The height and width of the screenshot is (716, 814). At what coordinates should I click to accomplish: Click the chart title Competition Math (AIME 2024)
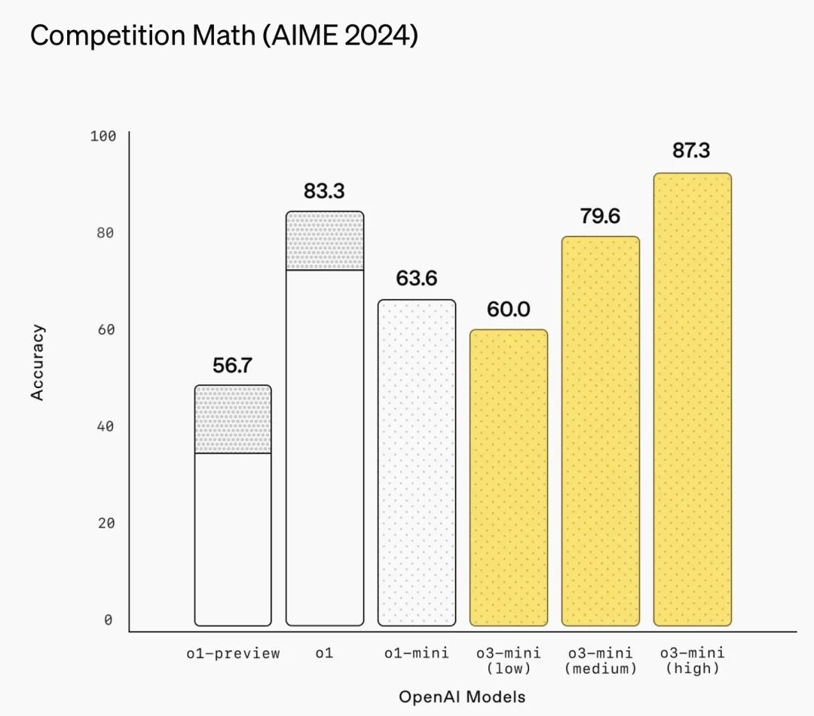223,36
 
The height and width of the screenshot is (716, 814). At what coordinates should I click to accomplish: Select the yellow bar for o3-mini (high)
692,399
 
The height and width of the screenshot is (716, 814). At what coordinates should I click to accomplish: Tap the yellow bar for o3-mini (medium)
600,431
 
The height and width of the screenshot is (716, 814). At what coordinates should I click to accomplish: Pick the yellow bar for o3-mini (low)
508,478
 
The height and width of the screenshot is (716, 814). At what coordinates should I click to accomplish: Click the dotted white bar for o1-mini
416,463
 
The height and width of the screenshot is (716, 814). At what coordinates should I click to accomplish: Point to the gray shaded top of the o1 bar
324,240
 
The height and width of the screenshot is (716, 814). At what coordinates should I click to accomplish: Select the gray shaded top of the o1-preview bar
232,419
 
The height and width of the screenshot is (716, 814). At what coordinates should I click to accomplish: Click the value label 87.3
691,150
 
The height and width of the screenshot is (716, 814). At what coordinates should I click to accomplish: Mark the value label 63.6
416,279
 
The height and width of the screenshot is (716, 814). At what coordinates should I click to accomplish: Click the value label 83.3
324,191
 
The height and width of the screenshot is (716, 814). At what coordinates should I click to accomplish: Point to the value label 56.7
232,366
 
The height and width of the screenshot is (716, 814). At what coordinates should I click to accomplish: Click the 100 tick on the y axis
103,136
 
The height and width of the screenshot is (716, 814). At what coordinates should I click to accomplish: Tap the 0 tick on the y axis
108,620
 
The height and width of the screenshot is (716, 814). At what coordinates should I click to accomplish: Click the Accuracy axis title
38,362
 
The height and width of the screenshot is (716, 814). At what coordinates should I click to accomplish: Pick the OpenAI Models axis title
461,696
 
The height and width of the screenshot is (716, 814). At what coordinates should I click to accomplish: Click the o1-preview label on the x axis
233,653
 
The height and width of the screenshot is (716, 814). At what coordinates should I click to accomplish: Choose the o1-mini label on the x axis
416,653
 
